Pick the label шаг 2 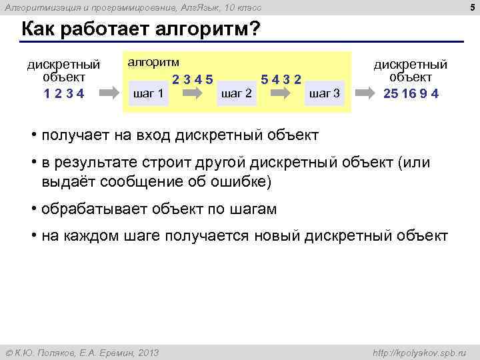(x=236, y=93)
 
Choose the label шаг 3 (x=325, y=93)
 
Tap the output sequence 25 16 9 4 (x=411, y=93)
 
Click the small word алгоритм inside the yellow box (x=153, y=62)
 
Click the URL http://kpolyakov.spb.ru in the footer (x=422, y=353)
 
